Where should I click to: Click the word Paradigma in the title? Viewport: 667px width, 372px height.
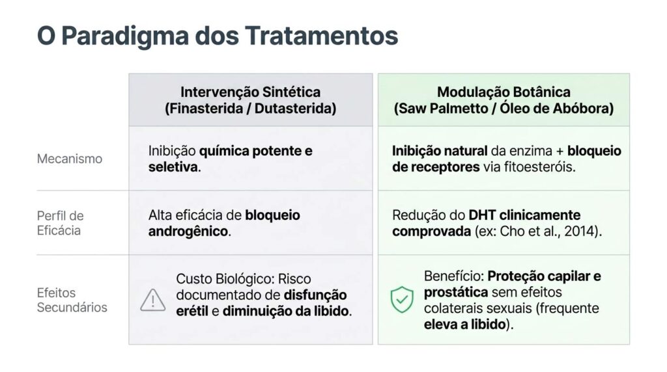click(x=125, y=37)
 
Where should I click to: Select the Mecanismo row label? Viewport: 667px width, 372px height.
click(x=69, y=159)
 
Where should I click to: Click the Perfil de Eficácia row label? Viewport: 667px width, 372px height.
click(x=61, y=223)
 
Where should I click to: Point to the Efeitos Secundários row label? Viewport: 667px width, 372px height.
click(x=72, y=300)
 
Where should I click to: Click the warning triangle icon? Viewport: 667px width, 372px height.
click(x=152, y=300)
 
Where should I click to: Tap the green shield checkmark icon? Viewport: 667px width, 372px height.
click(x=402, y=299)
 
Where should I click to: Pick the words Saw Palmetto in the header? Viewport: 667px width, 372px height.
click(x=443, y=109)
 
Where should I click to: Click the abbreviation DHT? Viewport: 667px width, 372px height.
click(x=483, y=215)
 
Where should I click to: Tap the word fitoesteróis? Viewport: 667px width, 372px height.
click(x=539, y=167)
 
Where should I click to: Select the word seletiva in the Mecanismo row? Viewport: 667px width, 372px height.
click(x=173, y=167)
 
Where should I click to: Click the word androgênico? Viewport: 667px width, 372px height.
click(x=188, y=232)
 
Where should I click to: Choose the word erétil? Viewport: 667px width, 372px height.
click(x=192, y=312)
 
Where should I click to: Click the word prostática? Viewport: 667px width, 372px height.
click(x=455, y=293)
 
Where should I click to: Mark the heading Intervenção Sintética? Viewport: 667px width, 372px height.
click(x=251, y=92)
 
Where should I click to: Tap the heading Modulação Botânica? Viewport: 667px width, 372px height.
click(x=504, y=92)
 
